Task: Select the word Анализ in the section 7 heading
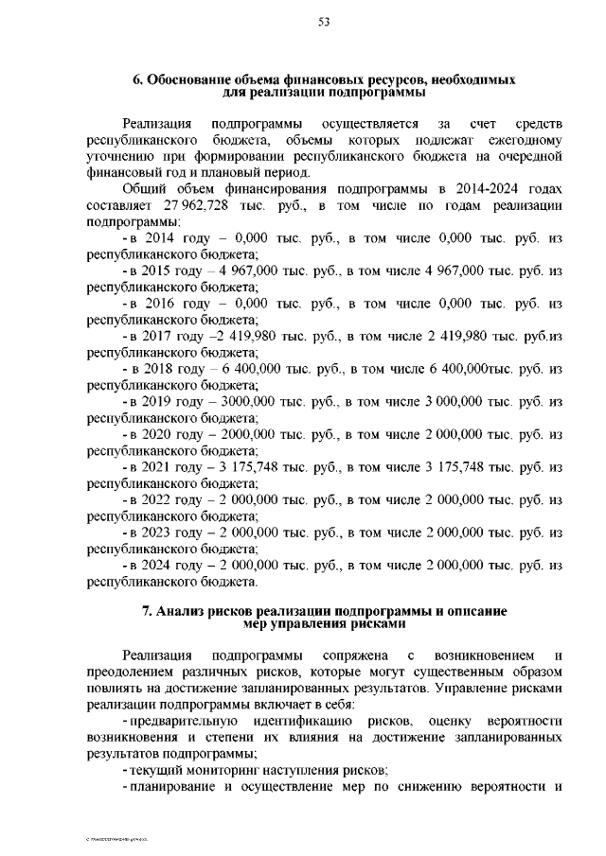point(185,611)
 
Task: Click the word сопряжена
point(354,655)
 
